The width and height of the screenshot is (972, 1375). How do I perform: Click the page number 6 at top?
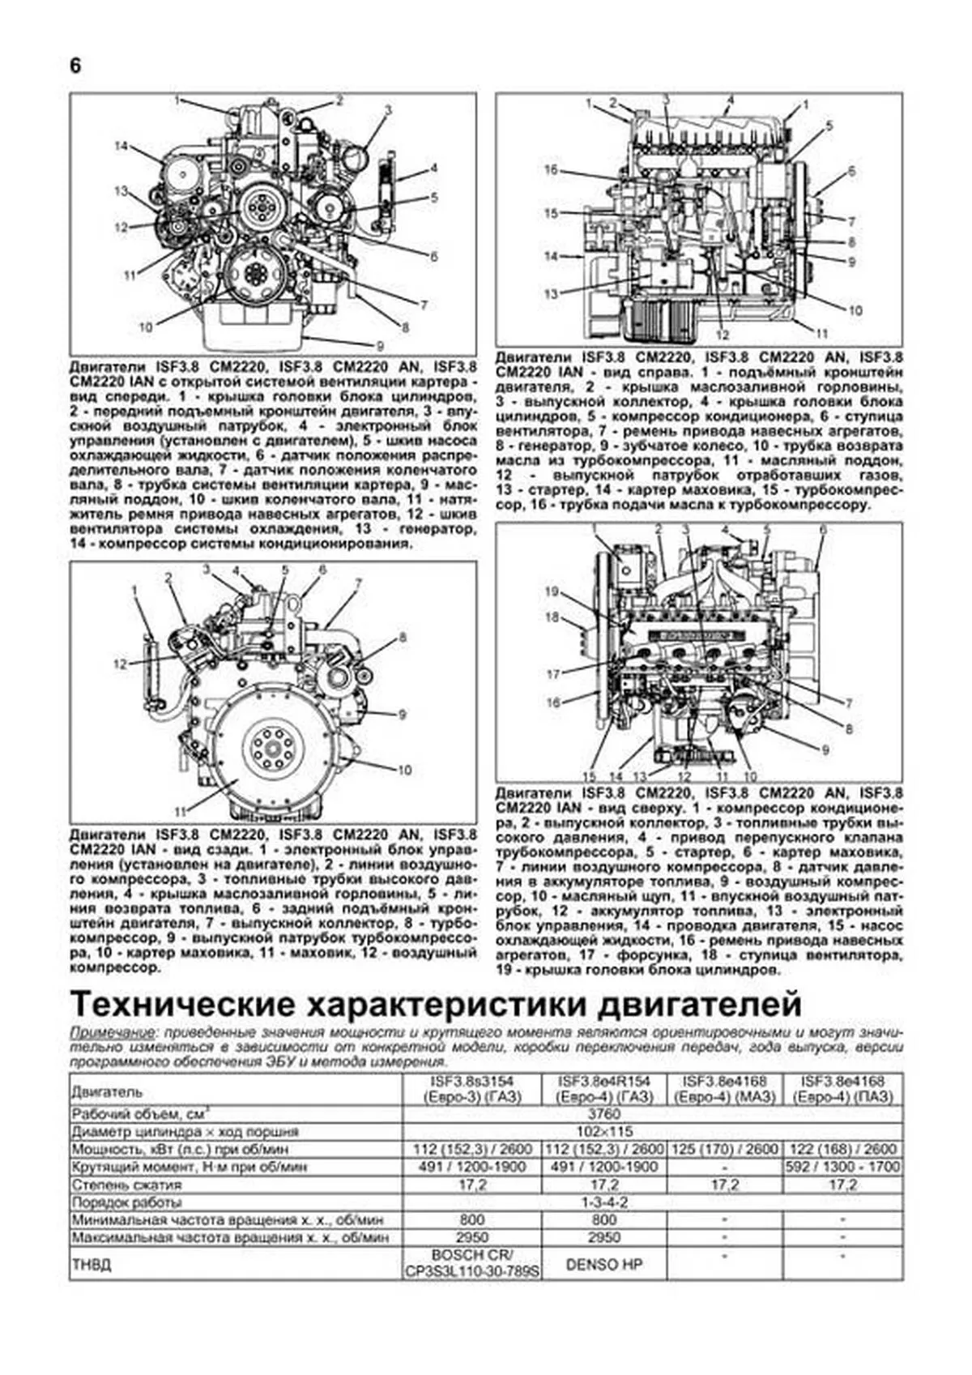point(75,66)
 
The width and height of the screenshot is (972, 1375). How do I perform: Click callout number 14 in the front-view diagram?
point(122,147)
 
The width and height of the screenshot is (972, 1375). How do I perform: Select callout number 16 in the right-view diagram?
point(551,170)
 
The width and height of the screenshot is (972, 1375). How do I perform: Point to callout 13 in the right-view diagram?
point(551,294)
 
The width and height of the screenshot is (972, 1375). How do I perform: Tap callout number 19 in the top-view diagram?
point(551,592)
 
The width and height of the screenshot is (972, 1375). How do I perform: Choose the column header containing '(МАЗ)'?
point(725,1089)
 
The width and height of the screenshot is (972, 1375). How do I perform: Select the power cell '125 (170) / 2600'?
point(725,1149)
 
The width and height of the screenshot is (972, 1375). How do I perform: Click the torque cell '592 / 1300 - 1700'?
point(842,1168)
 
